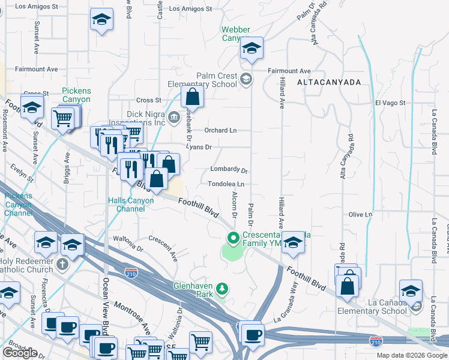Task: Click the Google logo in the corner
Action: [x=20, y=353]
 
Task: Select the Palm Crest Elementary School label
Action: [x=208, y=80]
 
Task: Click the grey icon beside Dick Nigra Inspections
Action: [x=174, y=116]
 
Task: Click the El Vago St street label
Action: [x=391, y=103]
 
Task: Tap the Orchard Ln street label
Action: [x=220, y=130]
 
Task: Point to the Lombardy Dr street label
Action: [x=229, y=170]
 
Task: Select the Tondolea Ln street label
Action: [x=226, y=184]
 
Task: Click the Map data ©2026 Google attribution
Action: [x=412, y=355]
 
